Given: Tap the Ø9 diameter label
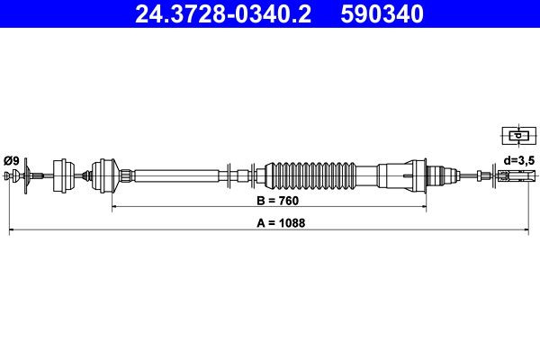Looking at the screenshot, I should [x=12, y=160].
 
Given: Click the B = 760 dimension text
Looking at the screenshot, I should [x=267, y=200].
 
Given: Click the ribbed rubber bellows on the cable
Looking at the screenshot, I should [x=315, y=174].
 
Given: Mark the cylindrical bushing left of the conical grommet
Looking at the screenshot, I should [x=65, y=174].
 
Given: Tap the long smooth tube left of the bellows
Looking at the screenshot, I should [x=180, y=174].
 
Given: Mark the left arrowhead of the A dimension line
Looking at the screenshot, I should [x=12, y=231].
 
